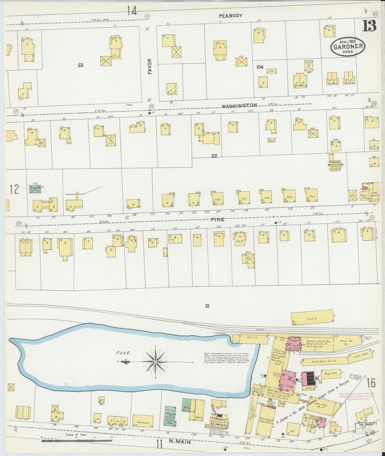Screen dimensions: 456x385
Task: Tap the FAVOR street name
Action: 150,67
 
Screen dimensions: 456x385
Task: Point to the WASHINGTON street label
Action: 239,105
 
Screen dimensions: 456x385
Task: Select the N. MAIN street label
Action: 181,443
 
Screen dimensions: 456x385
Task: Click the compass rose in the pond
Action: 155,362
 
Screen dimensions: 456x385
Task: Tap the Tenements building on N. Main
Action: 143,422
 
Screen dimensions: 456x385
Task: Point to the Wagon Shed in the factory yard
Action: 331,374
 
